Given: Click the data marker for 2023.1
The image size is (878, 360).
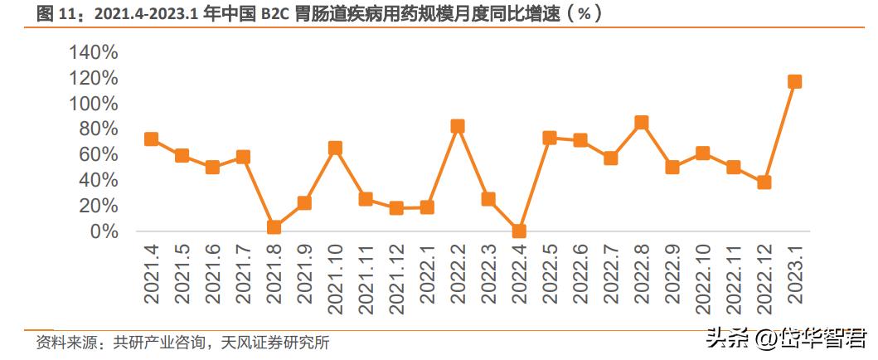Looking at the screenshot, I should (x=794, y=81).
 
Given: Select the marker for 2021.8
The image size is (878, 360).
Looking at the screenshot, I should (x=274, y=227).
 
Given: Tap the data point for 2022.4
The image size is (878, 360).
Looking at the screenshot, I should (x=519, y=231).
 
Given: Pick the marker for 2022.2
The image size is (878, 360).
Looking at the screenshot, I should (x=458, y=126).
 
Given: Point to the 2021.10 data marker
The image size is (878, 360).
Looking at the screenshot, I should (x=335, y=148).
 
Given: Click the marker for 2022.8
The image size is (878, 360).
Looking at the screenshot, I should (x=641, y=123).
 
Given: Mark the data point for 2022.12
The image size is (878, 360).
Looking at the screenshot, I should (x=764, y=182).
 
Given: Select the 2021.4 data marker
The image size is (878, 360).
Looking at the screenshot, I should (x=151, y=139).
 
